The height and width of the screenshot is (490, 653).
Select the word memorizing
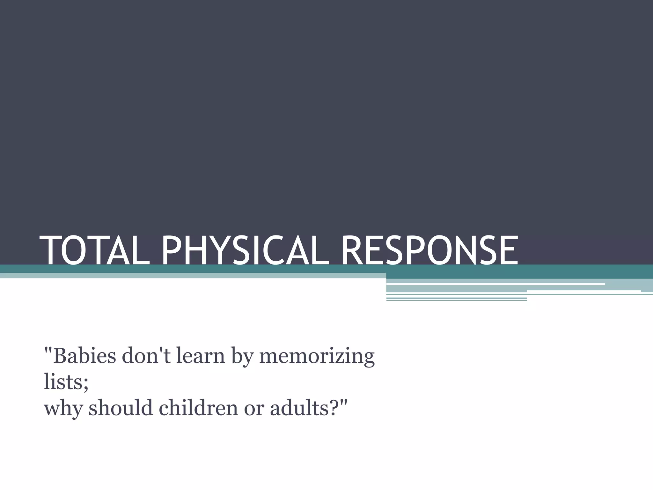pyautogui.click(x=317, y=357)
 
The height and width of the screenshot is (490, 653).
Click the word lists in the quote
pyautogui.click(x=63, y=382)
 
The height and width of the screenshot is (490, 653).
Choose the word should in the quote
pyautogui.click(x=121, y=408)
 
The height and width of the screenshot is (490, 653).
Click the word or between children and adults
pyautogui.click(x=254, y=410)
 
